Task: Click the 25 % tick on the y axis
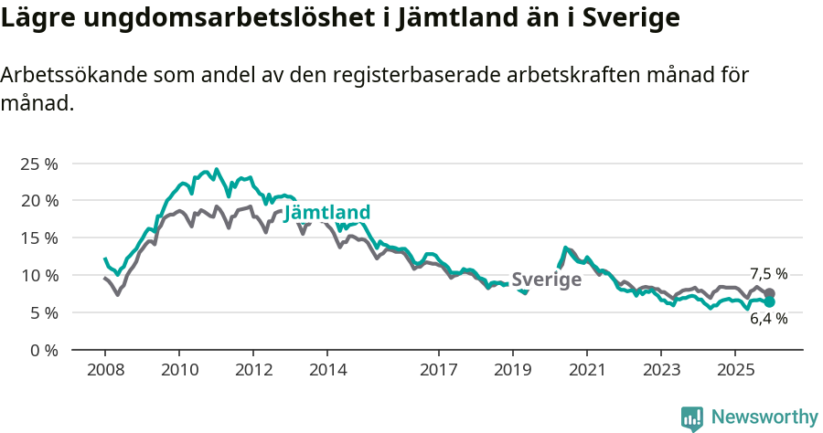pyautogui.click(x=39, y=164)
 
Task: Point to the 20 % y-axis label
pyautogui.click(x=39, y=201)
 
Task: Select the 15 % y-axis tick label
pyautogui.click(x=39, y=238)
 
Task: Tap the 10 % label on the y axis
pyautogui.click(x=39, y=275)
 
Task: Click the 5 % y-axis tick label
pyautogui.click(x=44, y=312)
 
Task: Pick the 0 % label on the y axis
pyautogui.click(x=44, y=350)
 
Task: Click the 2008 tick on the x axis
pyautogui.click(x=104, y=370)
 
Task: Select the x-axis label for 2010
pyautogui.click(x=178, y=370)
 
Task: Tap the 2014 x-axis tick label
pyautogui.click(x=327, y=370)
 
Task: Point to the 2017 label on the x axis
pyautogui.click(x=438, y=370)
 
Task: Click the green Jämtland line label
pyautogui.click(x=327, y=213)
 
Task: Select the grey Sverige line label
pyautogui.click(x=546, y=280)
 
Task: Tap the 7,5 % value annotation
pyautogui.click(x=768, y=274)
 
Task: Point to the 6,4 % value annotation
pyautogui.click(x=768, y=319)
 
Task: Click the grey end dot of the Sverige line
pyautogui.click(x=769, y=293)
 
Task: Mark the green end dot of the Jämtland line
pyautogui.click(x=769, y=301)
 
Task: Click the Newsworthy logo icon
pyautogui.click(x=692, y=417)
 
